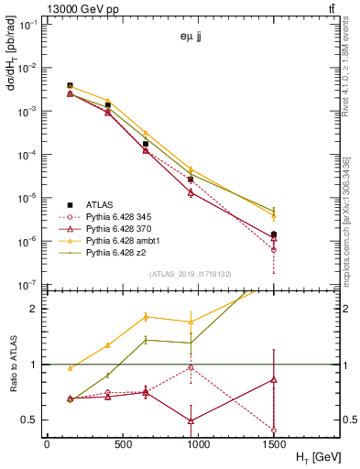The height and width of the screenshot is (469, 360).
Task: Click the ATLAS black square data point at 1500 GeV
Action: pos(274,234)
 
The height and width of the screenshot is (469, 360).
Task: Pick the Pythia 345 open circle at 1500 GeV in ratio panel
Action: pos(274,430)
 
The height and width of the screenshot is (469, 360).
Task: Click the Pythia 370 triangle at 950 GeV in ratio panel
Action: pos(191,420)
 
